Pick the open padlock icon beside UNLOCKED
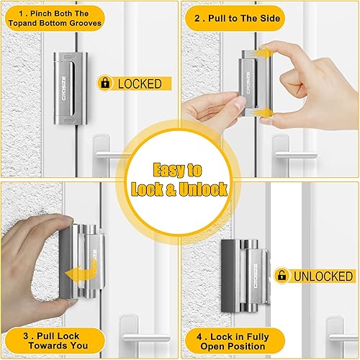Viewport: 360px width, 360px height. coord(282,276)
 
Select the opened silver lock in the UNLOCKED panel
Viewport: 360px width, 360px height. coord(245,274)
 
